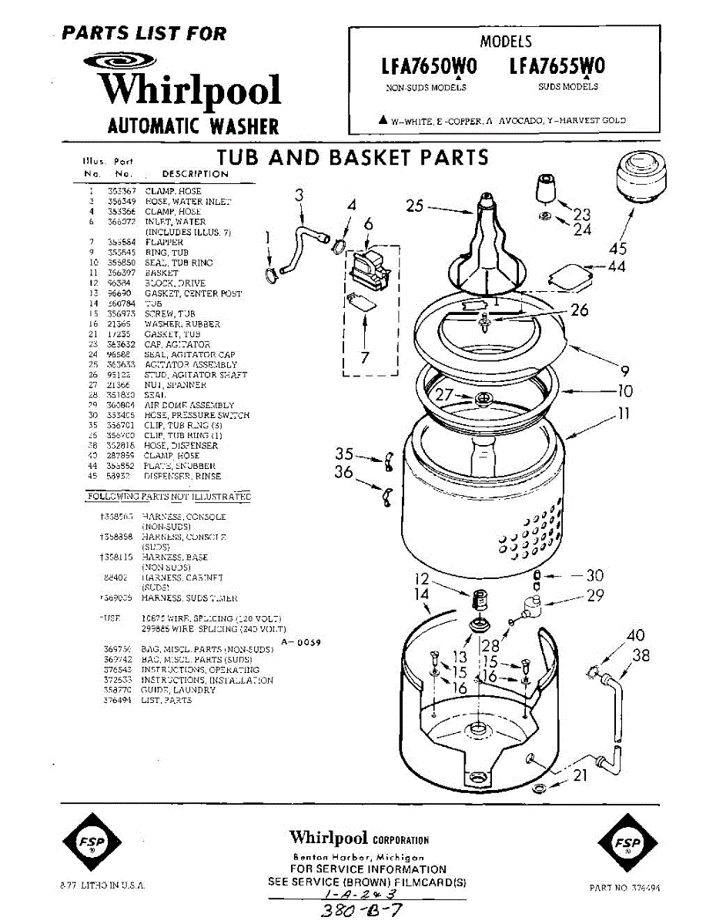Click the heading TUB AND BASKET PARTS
[x=353, y=158]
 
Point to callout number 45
[x=617, y=248]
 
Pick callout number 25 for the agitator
[x=415, y=206]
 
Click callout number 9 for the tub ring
[x=624, y=368]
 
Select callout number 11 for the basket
[x=624, y=413]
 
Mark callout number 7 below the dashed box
[x=365, y=357]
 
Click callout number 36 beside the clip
[x=343, y=472]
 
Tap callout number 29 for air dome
[x=595, y=595]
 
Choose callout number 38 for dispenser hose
[x=641, y=655]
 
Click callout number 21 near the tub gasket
[x=580, y=775]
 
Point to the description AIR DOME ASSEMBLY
[x=189, y=405]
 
